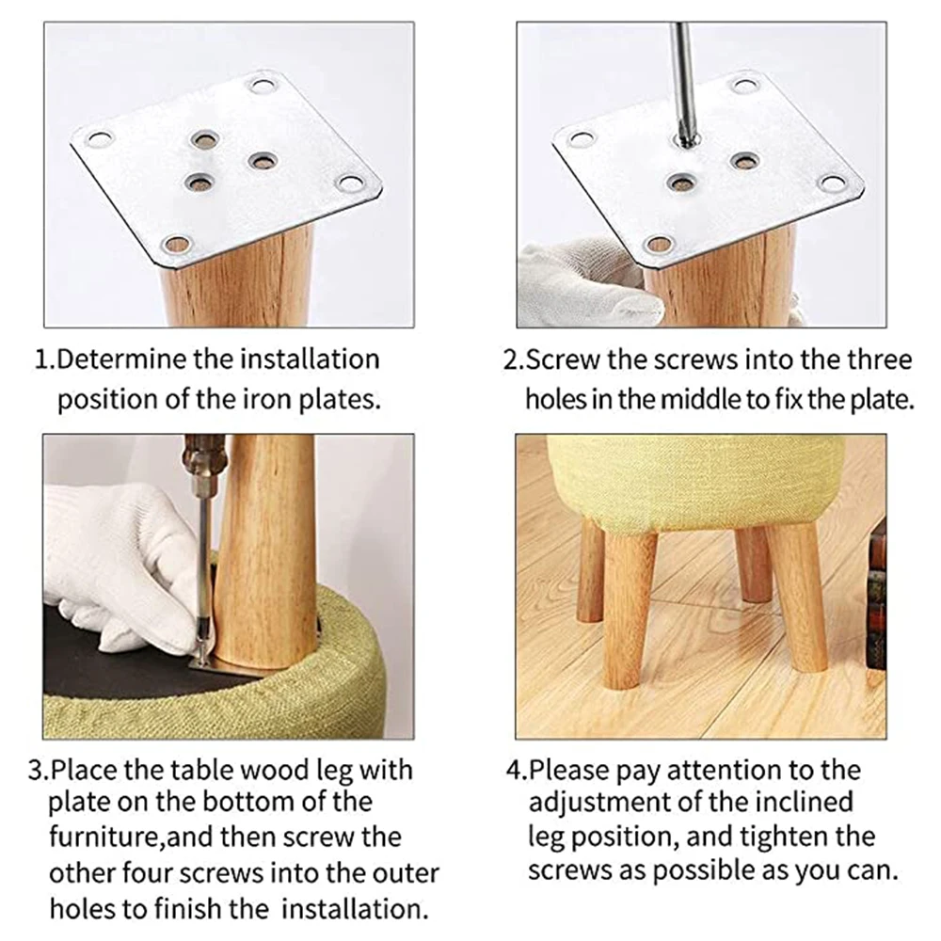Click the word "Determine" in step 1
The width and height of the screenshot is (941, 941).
pyautogui.click(x=122, y=359)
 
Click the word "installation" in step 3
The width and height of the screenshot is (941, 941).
pyautogui.click(x=354, y=909)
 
